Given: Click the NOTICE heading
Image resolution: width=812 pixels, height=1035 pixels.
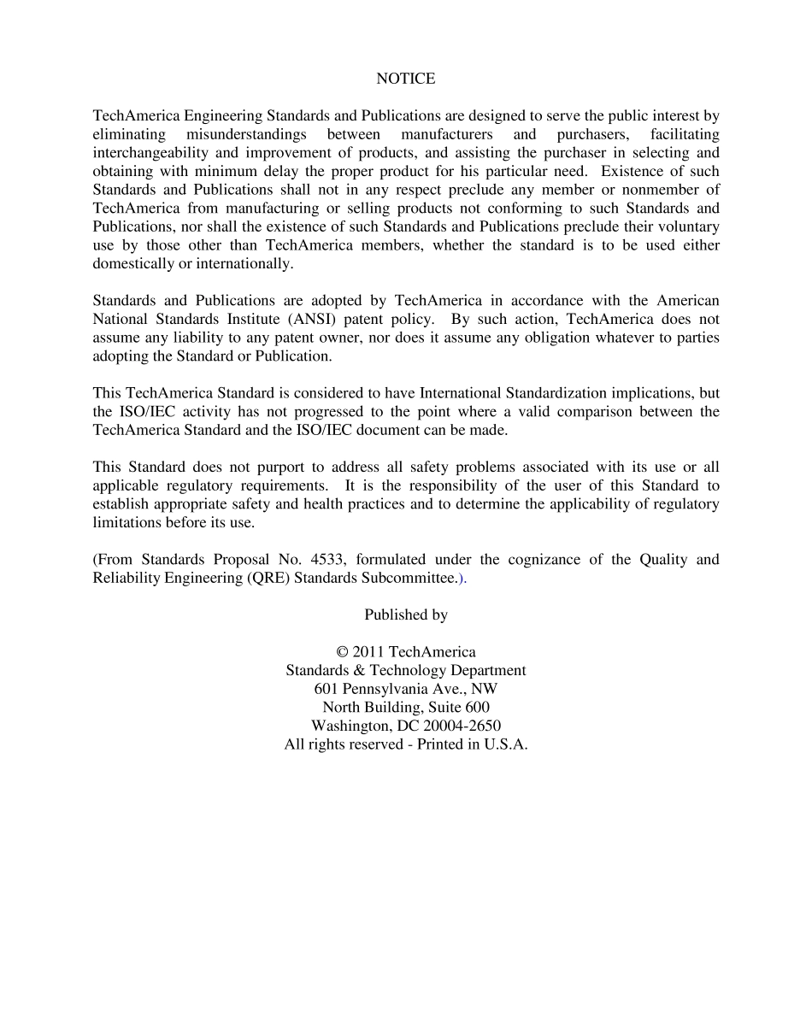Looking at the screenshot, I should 405,79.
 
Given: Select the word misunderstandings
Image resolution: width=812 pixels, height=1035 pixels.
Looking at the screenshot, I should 247,134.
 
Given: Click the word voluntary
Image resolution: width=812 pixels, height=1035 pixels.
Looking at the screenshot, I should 685,226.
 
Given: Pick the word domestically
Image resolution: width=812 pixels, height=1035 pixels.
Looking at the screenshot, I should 132,263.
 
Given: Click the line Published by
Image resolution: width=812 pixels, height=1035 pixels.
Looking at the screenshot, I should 405,615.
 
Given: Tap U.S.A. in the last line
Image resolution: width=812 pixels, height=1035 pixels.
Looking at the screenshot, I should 505,744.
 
